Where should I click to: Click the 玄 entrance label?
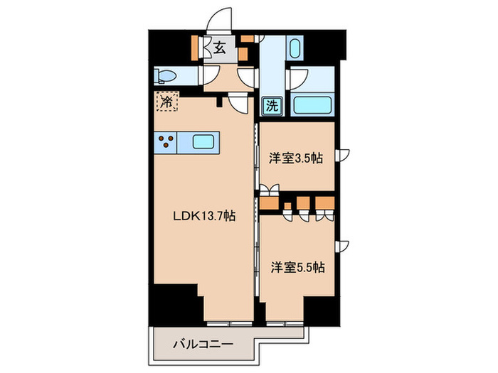[x=219, y=49]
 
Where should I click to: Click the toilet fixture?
[x=165, y=76]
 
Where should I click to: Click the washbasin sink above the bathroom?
[x=295, y=50]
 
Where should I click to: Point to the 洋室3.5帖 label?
[x=295, y=158]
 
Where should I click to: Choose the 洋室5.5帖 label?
[x=297, y=268]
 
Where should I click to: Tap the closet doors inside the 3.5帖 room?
[x=267, y=190]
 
